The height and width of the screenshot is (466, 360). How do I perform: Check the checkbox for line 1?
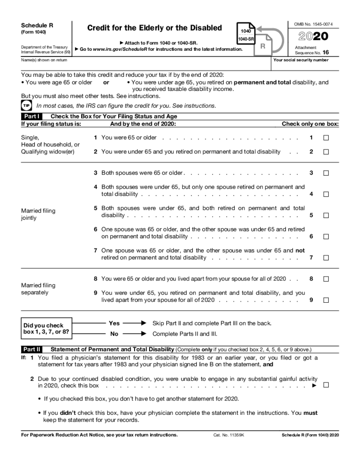point(326,138)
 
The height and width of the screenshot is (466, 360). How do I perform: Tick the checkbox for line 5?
point(326,216)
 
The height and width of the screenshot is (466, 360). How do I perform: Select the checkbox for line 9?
point(326,300)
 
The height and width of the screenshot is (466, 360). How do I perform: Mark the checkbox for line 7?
point(326,258)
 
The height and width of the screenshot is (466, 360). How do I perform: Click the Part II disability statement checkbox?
point(326,385)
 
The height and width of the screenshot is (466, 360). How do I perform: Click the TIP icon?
point(27,106)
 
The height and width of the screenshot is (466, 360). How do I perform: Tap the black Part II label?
point(32,349)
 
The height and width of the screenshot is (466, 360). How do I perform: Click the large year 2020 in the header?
point(313,37)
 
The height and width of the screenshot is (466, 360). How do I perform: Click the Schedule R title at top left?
point(37,25)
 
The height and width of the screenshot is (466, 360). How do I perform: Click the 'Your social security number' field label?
point(301,60)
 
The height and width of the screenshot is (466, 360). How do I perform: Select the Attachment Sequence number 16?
point(326,53)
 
